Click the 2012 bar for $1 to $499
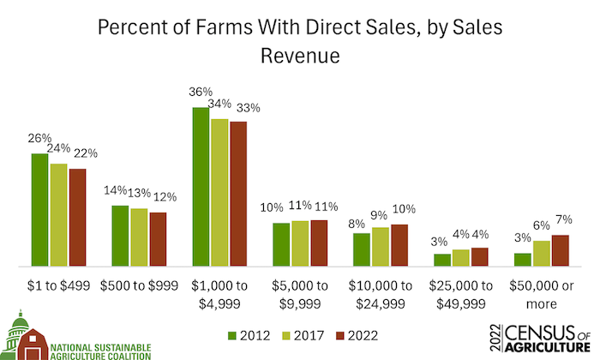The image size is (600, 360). point(39,210)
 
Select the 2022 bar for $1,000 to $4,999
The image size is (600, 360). point(238,194)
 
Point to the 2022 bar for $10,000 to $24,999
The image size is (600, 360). point(399,245)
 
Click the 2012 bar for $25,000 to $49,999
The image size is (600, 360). point(441,260)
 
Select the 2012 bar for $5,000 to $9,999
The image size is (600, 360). point(281,244)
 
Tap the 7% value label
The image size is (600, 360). point(561,222)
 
